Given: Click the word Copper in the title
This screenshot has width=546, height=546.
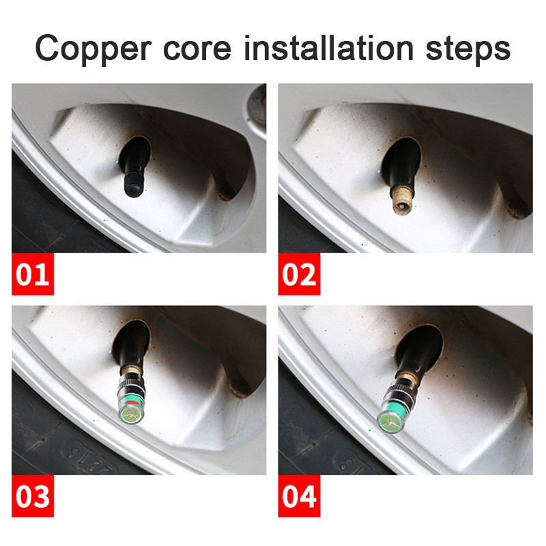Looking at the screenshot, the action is click(x=94, y=48).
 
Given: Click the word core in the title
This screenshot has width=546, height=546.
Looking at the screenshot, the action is click(x=197, y=49).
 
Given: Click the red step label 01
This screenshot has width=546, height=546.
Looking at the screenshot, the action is click(x=33, y=274).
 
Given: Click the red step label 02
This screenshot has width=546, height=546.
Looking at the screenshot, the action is click(x=299, y=274).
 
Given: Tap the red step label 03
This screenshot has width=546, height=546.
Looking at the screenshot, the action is click(x=33, y=496).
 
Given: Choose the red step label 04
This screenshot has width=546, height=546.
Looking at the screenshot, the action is click(x=299, y=496).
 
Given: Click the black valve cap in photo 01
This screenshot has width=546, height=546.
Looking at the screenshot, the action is click(x=134, y=184).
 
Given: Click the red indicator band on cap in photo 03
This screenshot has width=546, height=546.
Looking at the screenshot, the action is click(x=131, y=403).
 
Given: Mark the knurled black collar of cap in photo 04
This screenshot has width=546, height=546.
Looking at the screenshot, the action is click(x=399, y=391).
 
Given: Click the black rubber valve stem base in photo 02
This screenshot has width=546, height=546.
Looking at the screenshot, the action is click(x=401, y=164).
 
